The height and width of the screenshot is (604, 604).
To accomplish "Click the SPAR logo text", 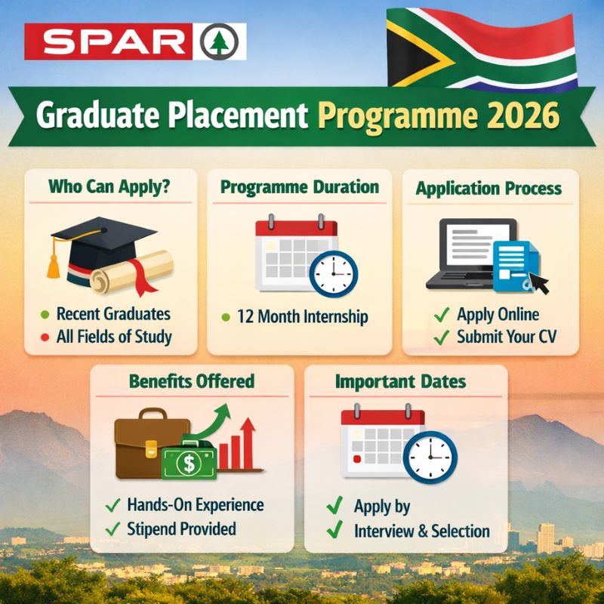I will pos(110,41).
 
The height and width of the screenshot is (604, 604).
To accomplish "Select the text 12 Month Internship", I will pos(303,316).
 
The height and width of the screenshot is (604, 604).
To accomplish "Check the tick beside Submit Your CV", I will pos(442,337).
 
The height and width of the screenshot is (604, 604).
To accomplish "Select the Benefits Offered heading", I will pos(192,381).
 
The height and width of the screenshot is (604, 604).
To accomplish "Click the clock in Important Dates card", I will pos(430,456).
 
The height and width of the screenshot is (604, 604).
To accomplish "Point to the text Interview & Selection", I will pos(421,531).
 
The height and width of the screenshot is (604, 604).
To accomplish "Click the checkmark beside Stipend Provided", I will pos(114,528).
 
